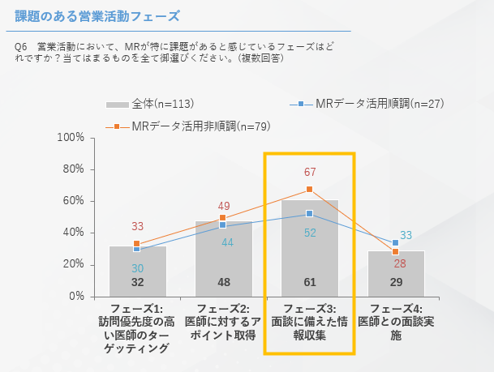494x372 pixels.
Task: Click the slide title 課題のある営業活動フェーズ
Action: click(97, 15)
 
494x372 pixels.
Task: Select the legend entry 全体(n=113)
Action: click(149, 104)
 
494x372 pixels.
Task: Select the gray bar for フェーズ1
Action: click(137, 271)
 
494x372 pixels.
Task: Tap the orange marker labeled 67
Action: click(310, 190)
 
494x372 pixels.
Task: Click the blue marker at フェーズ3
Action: click(310, 213)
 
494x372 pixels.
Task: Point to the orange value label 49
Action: click(224, 206)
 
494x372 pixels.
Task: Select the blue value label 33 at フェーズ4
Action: click(406, 235)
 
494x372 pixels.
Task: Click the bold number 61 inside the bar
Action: click(310, 282)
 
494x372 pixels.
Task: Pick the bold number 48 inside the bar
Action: click(223, 282)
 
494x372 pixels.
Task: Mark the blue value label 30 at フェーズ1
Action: click(137, 267)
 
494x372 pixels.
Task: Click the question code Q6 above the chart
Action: click(22, 47)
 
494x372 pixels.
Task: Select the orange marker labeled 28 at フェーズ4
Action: click(396, 252)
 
